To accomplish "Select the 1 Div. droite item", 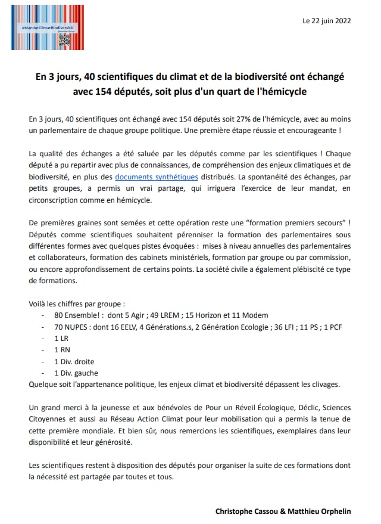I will (x=74, y=361).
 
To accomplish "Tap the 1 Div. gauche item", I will (x=76, y=373).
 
